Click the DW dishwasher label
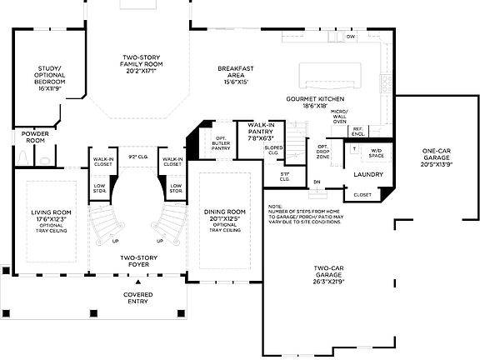(x=351, y=37)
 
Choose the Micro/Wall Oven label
(x=339, y=116)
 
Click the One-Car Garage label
(x=437, y=157)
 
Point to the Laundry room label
(x=367, y=174)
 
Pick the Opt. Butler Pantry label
(x=221, y=145)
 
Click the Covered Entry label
(x=137, y=298)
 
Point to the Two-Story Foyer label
(x=138, y=261)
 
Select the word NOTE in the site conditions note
(x=276, y=205)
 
